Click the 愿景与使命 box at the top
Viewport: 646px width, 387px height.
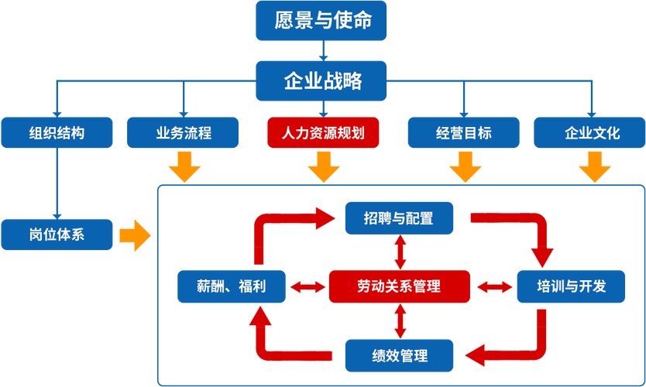(x=323, y=21)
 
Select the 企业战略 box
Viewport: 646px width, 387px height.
(x=323, y=81)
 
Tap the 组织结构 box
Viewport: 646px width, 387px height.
(x=57, y=132)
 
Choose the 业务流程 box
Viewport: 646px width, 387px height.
(x=183, y=132)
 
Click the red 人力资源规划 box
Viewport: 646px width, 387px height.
(x=324, y=132)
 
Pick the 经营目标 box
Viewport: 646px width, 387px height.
(x=463, y=132)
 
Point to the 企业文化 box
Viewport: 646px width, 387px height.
(x=592, y=132)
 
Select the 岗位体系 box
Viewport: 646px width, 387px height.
(x=57, y=235)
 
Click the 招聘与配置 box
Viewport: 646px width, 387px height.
(x=399, y=218)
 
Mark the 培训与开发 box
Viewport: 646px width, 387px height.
(x=571, y=286)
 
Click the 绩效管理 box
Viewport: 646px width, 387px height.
(x=399, y=355)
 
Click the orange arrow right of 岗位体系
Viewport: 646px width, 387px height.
(x=135, y=235)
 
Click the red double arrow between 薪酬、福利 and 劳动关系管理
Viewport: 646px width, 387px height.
(x=307, y=287)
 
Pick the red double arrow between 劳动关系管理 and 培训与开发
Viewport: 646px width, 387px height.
(x=493, y=287)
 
